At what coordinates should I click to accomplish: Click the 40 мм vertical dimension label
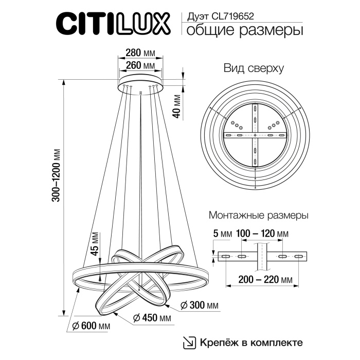tap(177, 106)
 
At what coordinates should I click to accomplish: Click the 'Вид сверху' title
tap(254, 68)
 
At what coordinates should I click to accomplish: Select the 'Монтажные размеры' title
tap(258, 214)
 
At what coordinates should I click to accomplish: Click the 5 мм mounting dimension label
tap(222, 234)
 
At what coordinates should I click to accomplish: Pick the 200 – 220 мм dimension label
tap(262, 280)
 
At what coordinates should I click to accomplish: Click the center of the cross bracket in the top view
tap(256, 135)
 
